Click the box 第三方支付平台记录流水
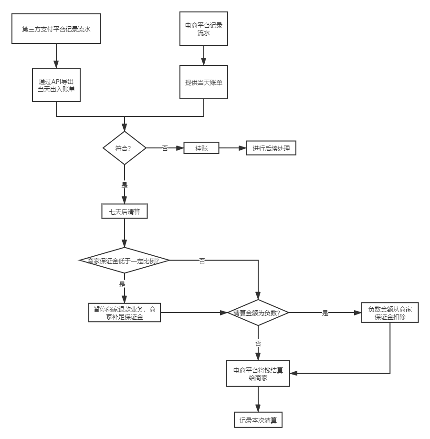56,29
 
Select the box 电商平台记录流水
204,29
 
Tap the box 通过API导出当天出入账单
56,84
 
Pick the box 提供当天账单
204,82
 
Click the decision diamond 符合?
125,148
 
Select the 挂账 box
201,148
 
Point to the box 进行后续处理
271,148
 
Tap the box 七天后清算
125,211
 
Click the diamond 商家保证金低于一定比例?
125,261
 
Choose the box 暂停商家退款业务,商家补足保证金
125,313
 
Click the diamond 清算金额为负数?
258,313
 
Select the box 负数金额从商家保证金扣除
390,313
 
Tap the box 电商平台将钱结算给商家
258,373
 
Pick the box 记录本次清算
258,420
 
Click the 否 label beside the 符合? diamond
165,148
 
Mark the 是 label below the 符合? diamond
125,185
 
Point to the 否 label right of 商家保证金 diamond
202,261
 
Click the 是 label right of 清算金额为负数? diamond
325,313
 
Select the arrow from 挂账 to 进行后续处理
232,148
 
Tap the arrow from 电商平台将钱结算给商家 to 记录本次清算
258,399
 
